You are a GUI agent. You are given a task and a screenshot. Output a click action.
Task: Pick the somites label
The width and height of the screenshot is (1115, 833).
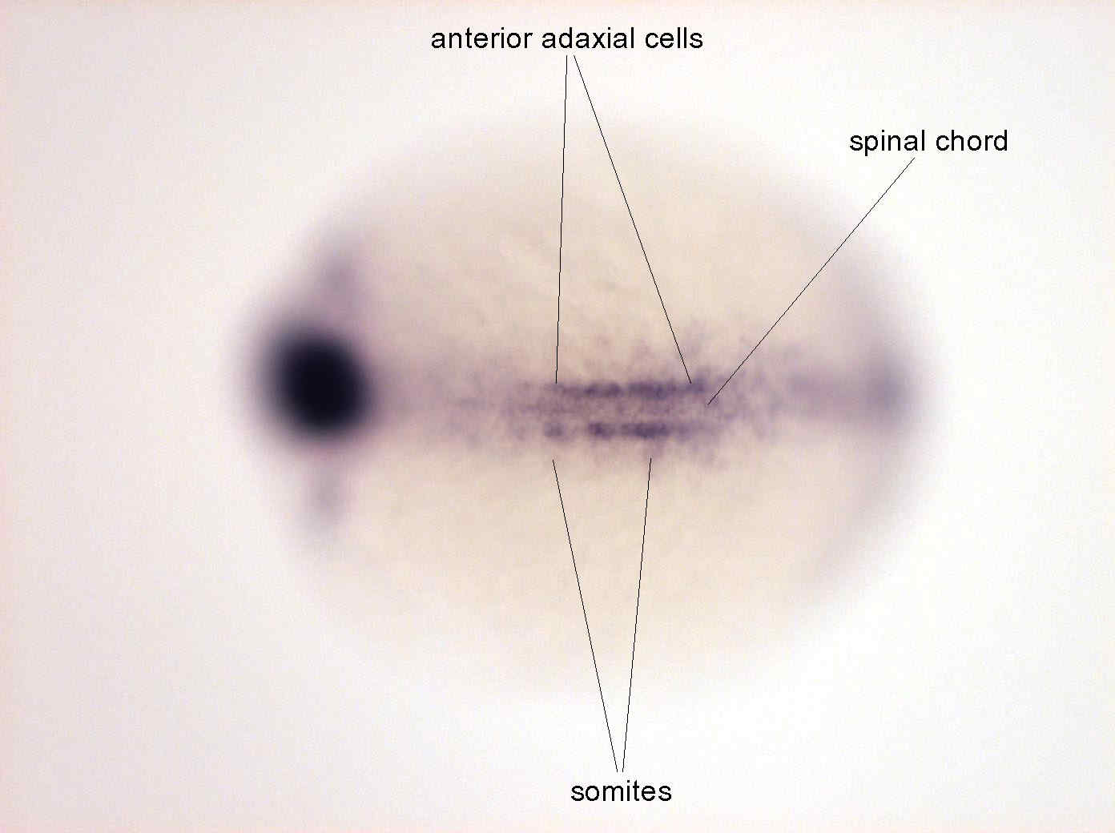click(x=621, y=791)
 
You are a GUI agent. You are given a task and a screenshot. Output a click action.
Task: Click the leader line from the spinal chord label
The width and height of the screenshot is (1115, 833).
click(x=811, y=281)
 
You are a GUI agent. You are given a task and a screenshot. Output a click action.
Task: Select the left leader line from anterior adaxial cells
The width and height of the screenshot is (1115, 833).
click(x=562, y=219)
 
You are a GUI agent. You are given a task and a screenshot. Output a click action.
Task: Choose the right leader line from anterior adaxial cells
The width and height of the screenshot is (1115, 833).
click(x=633, y=219)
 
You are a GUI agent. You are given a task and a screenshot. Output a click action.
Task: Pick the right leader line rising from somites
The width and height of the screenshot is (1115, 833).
click(x=637, y=614)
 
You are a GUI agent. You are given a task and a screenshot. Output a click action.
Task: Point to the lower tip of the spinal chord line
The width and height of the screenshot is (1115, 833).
click(x=707, y=404)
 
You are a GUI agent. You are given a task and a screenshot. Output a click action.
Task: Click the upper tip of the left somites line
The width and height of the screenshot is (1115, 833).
click(x=553, y=461)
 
